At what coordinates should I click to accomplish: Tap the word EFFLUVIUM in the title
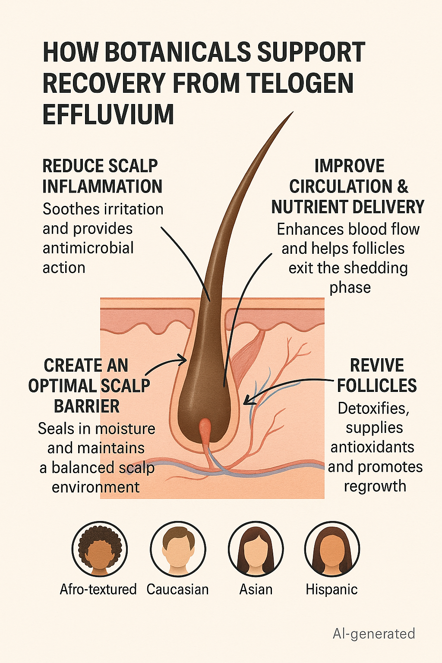[108, 114]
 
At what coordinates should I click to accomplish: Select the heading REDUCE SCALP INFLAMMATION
[102, 176]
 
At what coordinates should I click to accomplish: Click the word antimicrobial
[88, 248]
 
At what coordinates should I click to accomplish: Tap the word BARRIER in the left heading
[87, 406]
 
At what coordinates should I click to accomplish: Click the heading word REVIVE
[376, 366]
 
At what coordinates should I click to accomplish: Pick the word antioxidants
[372, 447]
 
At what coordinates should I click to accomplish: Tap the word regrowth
[375, 486]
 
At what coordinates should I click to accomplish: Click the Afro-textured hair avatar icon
[100, 549]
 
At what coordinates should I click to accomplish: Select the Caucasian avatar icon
[178, 549]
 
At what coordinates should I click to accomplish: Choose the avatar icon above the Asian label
[256, 549]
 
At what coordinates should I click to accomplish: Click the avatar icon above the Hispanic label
[332, 549]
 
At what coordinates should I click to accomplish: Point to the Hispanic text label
[331, 590]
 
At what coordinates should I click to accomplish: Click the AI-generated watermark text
[374, 634]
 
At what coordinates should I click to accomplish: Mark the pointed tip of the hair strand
[292, 114]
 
